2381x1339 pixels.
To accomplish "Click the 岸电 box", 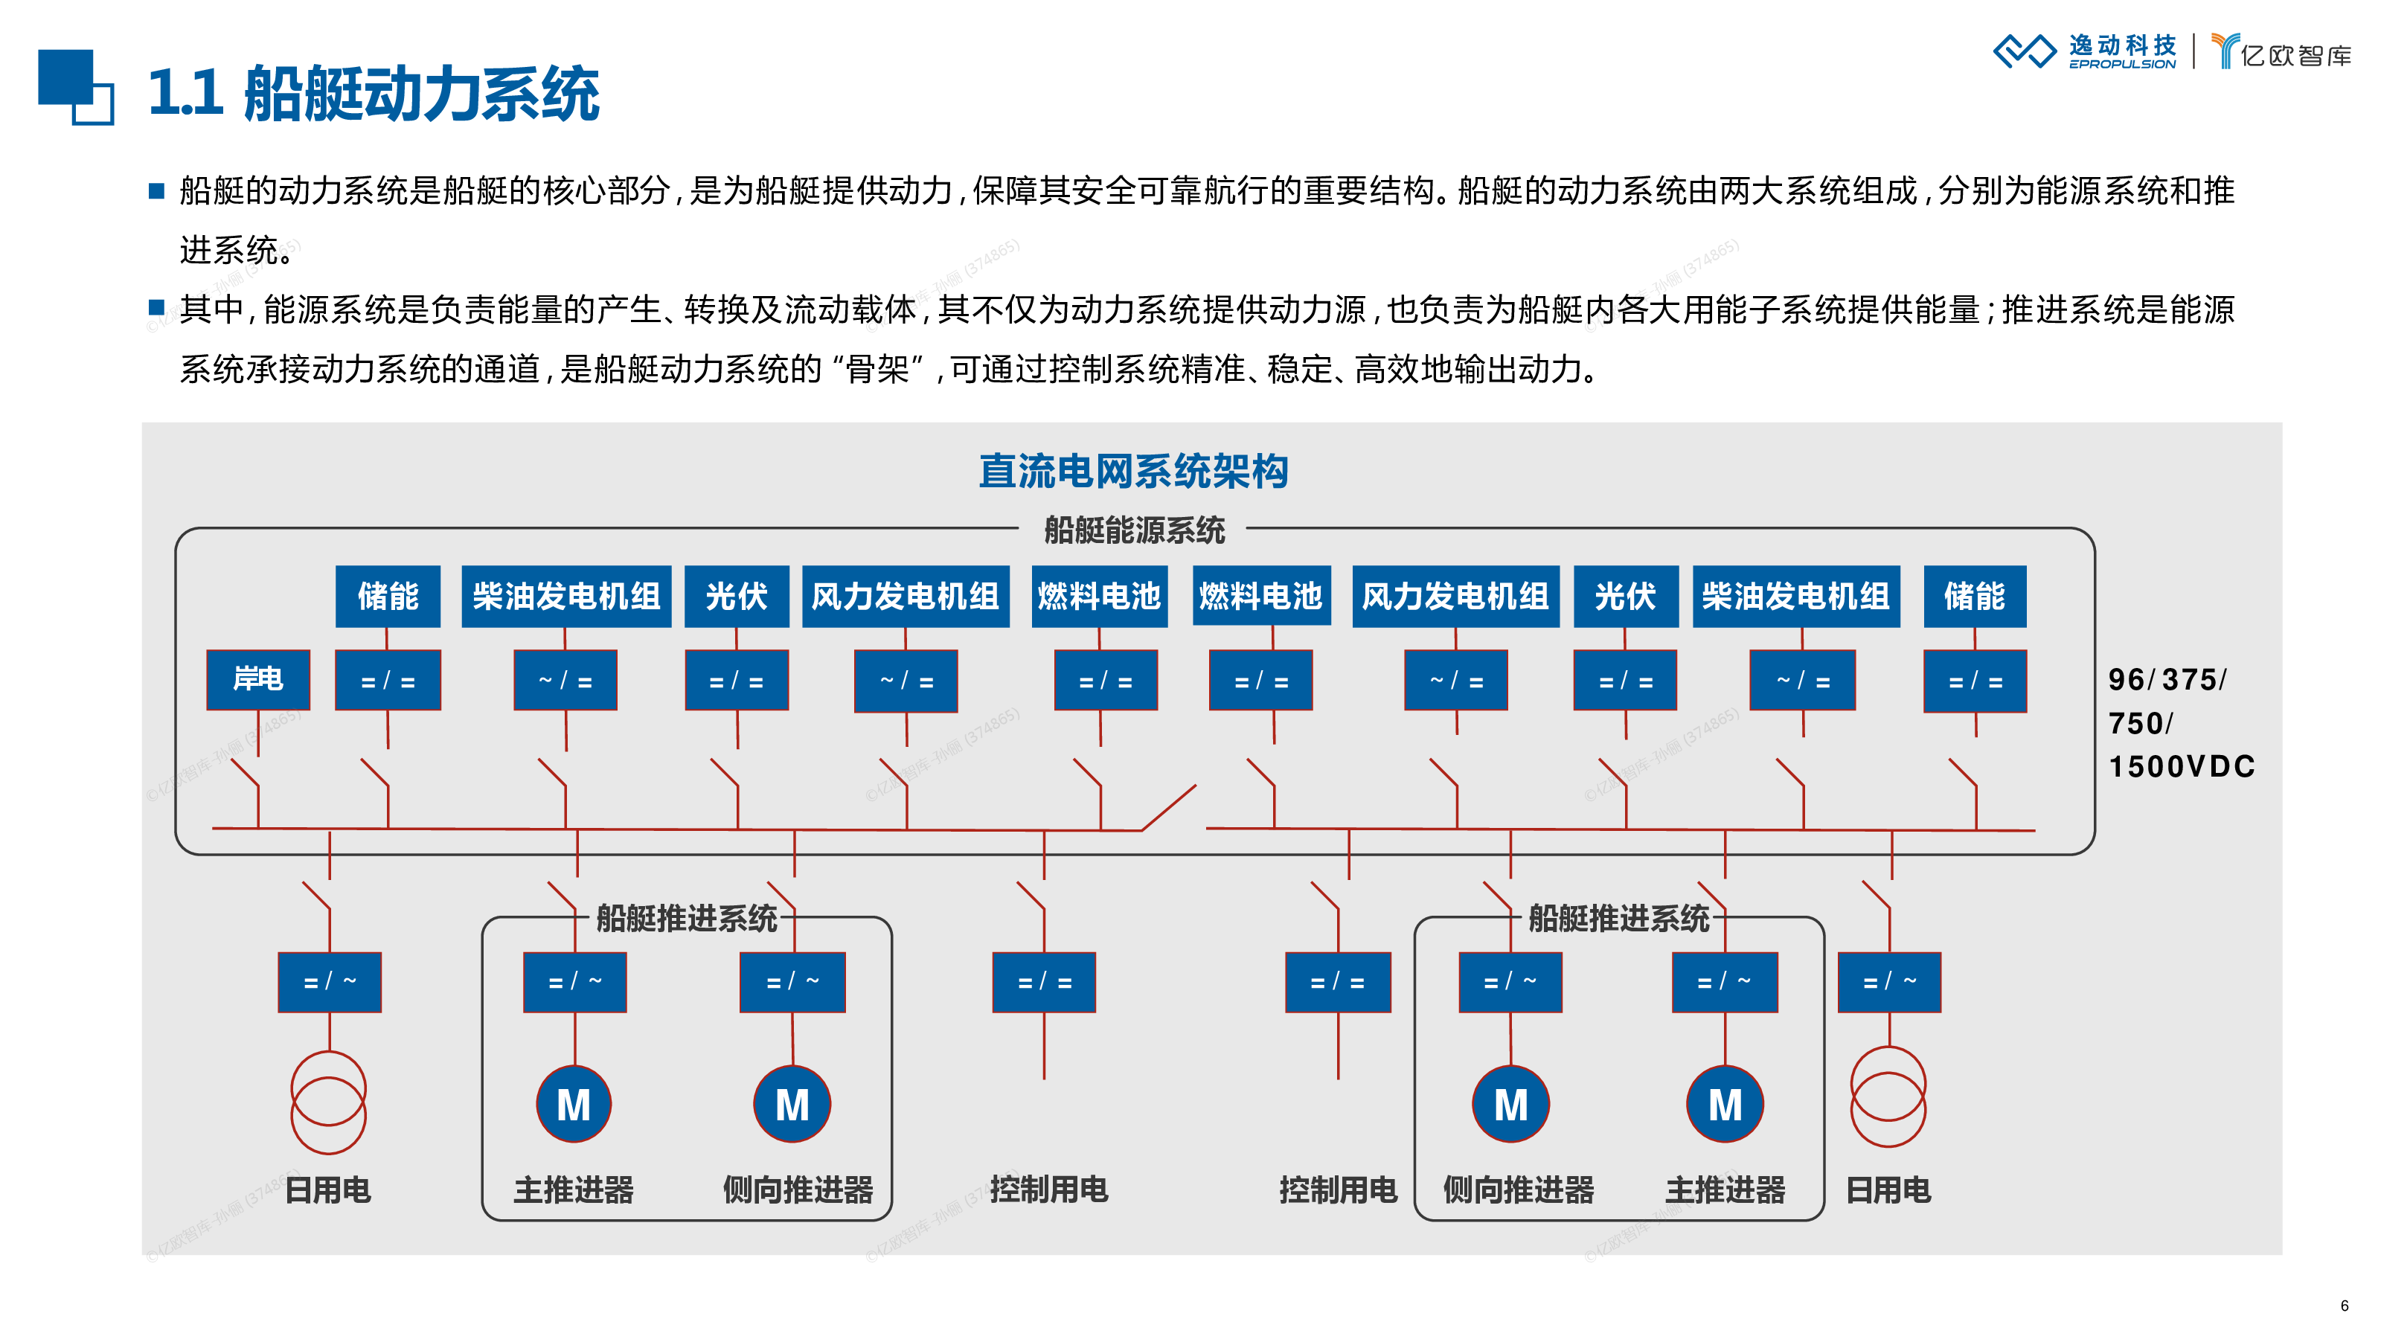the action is (x=258, y=679).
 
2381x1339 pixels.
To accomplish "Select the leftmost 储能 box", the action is (x=388, y=596).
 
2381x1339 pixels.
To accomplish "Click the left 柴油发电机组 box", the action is (x=566, y=596).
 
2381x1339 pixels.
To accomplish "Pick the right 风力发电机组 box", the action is (x=1456, y=596).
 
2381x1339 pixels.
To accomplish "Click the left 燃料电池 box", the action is (x=1099, y=596).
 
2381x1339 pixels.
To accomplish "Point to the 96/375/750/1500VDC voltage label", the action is (x=2182, y=722).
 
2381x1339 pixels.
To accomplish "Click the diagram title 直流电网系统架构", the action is (x=1133, y=472).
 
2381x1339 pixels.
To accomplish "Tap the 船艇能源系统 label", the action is (x=1134, y=530).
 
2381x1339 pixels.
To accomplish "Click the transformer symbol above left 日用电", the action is (x=329, y=1102).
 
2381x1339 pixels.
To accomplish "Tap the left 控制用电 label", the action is (x=1049, y=1189).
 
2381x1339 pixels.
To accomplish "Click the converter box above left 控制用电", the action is (x=1045, y=982).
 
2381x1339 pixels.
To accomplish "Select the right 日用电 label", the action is (x=1888, y=1189).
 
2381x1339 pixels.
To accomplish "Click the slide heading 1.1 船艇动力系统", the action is (x=374, y=93).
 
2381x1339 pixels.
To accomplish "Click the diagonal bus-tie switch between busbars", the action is (x=1169, y=808).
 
